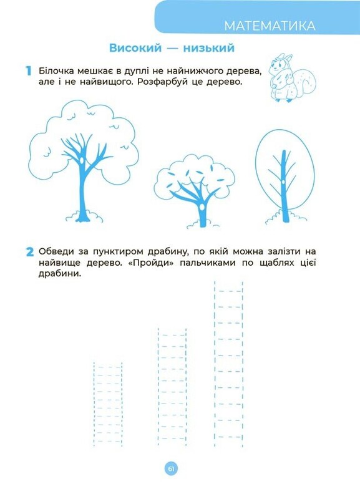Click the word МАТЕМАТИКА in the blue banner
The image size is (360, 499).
click(270, 26)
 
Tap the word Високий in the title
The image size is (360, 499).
click(135, 48)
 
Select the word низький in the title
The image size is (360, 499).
click(208, 48)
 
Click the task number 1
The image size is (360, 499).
click(29, 70)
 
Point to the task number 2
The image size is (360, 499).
click(29, 252)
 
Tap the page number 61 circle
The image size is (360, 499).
click(171, 469)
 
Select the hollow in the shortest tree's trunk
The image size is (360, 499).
click(201, 208)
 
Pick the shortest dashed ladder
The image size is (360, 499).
click(108, 404)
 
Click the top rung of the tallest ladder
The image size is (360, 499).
click(228, 291)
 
